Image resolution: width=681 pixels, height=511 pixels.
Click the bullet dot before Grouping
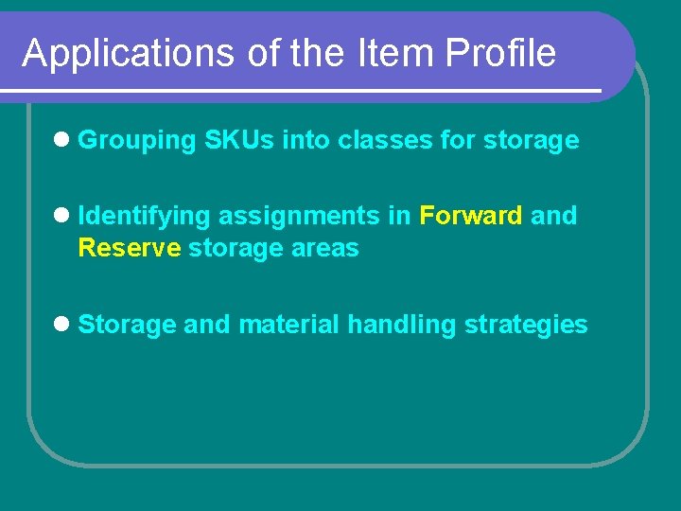61,140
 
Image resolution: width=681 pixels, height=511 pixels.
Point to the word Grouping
136,141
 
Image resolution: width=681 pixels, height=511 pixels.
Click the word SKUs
239,141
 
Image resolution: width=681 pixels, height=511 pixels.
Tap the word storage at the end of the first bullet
531,141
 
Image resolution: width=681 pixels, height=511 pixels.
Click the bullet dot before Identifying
61,216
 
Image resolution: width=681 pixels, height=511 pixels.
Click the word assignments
300,217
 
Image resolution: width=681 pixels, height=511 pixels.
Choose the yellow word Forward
470,216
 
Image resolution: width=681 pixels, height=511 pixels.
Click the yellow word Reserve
129,248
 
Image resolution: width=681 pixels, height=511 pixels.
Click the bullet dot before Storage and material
61,325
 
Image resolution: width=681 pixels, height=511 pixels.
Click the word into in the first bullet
306,141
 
